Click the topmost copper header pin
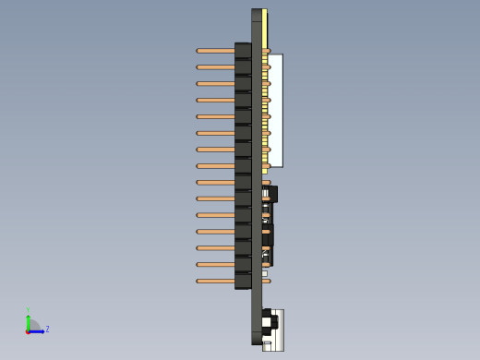coord(215,51)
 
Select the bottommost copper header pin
coord(215,281)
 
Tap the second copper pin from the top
coord(215,67)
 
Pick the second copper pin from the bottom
coord(215,264)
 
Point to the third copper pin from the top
coord(215,84)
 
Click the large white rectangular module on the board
coord(275,111)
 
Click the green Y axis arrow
coord(28,318)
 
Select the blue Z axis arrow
coord(37,330)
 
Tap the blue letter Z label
coord(47,329)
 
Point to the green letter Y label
coord(28,310)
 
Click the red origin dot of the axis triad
coord(28,330)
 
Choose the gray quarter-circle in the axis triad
coord(33,325)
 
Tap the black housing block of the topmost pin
coord(243,51)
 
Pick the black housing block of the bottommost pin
coord(243,281)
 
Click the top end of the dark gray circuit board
coord(256,15)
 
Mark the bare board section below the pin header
coord(256,314)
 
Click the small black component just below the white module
coord(272,194)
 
